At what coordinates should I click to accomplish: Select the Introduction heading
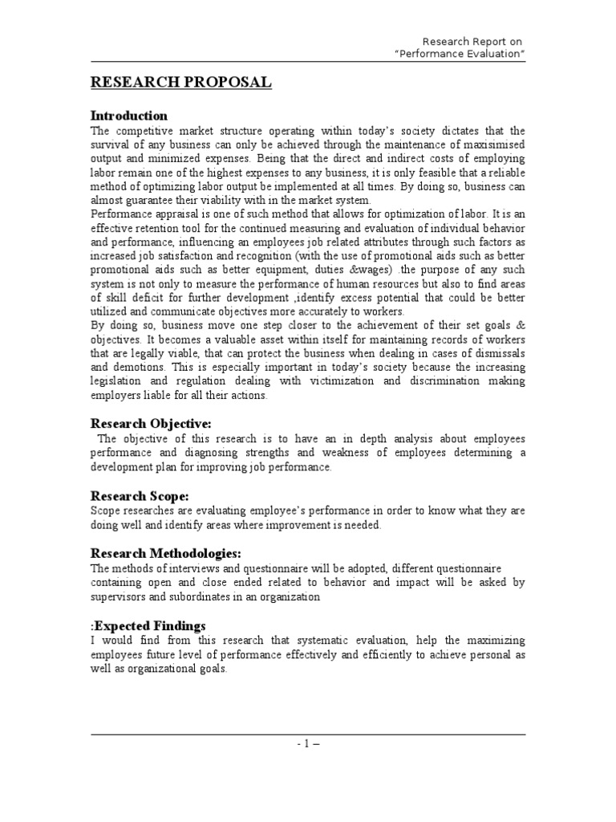128,116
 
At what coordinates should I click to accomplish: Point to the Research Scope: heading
140,496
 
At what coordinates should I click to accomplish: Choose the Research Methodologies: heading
166,553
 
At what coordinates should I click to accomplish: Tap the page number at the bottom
307,743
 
